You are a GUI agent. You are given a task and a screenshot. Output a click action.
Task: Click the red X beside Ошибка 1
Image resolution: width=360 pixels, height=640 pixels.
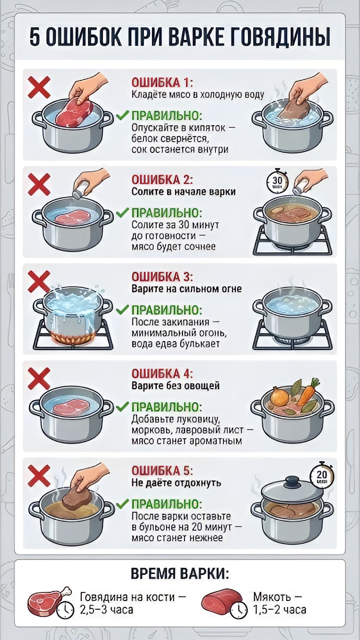(x=39, y=87)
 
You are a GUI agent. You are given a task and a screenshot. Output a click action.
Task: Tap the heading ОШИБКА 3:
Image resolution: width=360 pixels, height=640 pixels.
(x=162, y=277)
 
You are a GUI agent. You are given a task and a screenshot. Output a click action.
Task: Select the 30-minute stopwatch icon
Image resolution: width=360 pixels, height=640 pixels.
(x=277, y=180)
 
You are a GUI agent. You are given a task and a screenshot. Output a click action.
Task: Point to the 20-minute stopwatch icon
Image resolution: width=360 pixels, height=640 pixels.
(x=322, y=476)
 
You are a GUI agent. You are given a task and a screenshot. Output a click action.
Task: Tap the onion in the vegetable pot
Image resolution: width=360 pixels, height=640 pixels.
(x=280, y=396)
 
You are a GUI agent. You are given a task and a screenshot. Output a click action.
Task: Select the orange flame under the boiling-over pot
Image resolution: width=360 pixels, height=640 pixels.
(x=73, y=338)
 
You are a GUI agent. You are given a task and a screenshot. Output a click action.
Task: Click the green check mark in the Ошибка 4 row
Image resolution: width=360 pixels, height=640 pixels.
(x=123, y=406)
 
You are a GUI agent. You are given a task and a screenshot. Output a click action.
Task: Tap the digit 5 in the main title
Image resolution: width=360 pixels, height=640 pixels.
(x=35, y=37)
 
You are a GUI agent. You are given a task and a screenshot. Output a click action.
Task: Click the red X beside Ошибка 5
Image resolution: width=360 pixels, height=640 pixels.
(x=39, y=476)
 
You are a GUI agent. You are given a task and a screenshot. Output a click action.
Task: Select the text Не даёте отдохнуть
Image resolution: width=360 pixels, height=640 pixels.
(x=176, y=483)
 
